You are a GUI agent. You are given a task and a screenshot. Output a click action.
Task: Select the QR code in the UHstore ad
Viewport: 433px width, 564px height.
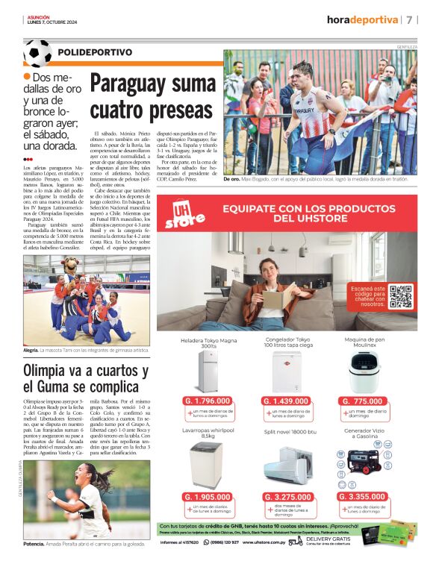[x=400, y=296]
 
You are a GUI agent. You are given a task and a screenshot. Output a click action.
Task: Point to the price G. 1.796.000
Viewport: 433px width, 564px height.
[x=207, y=401]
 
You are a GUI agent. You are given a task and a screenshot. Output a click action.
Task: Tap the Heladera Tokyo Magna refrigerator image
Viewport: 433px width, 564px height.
[x=208, y=371]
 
